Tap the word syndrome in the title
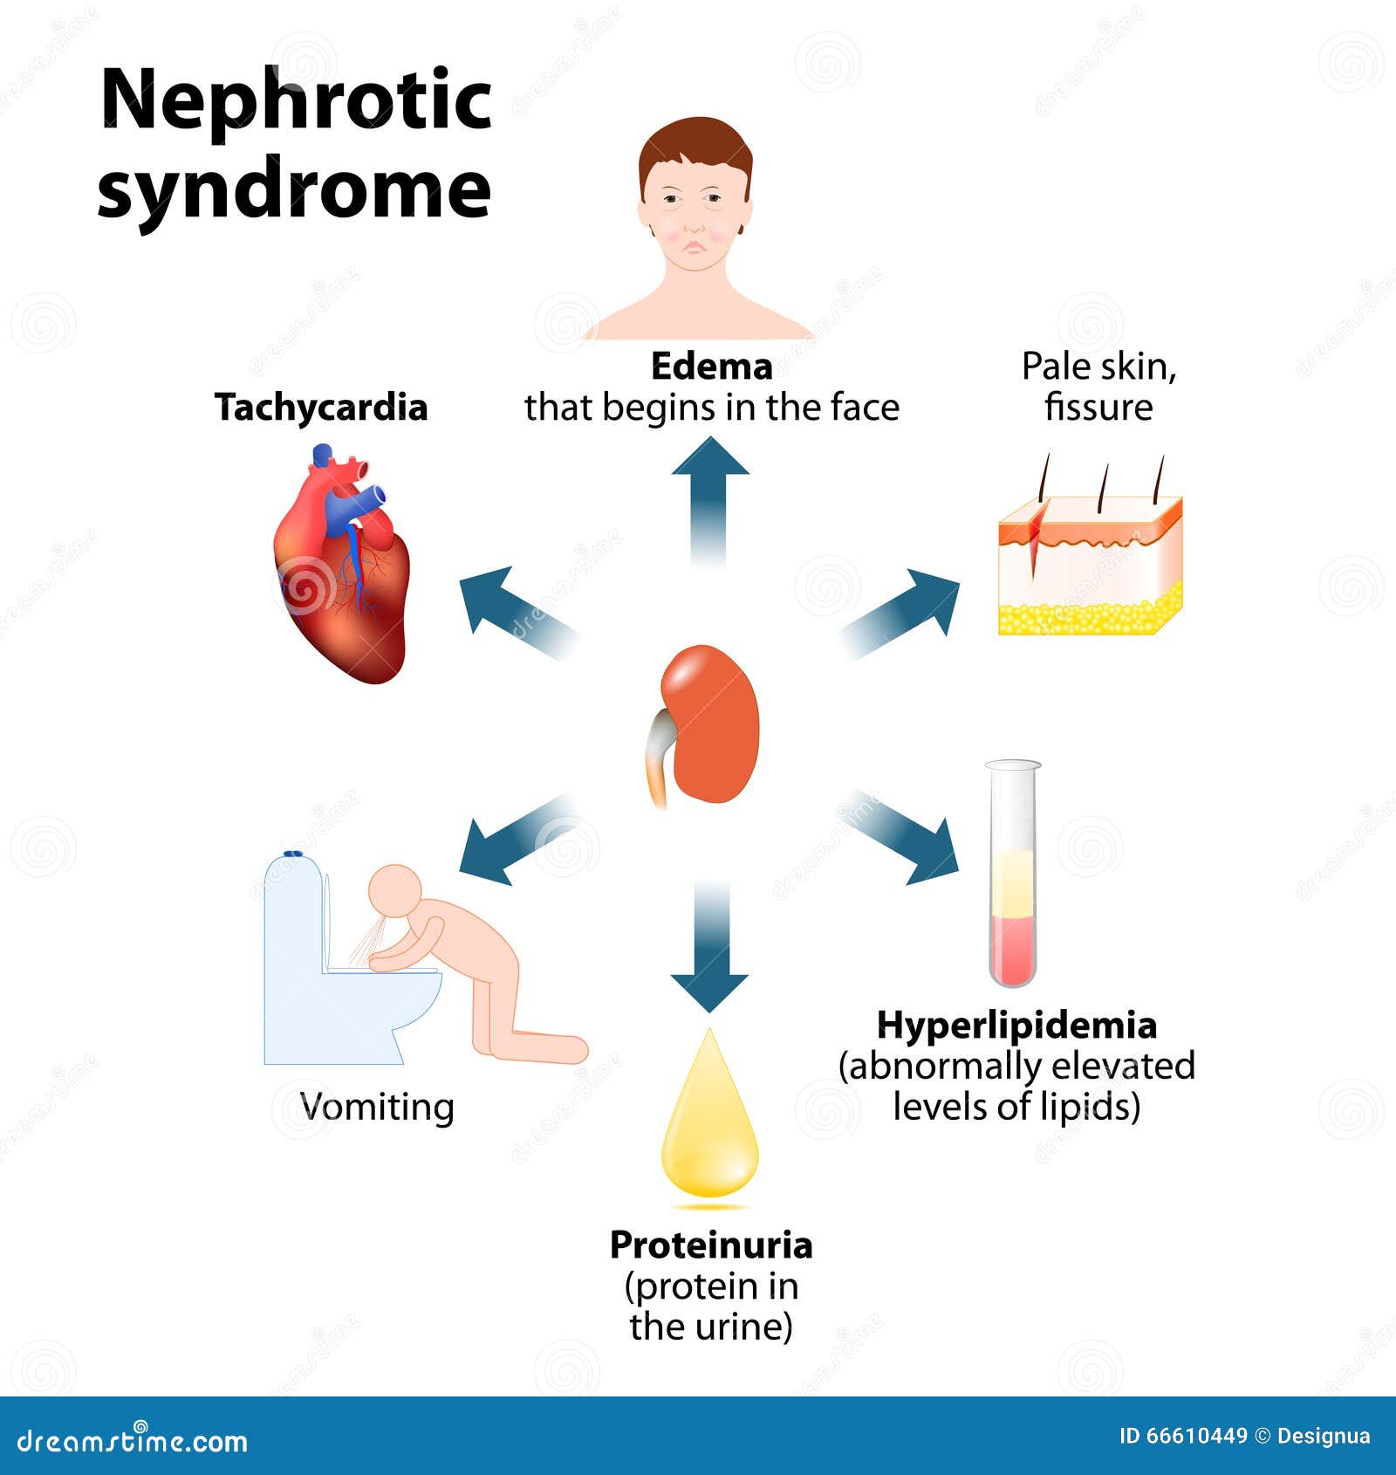pos(295,190)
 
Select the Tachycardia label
pos(321,408)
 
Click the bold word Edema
pos(712,367)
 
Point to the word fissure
pos(1098,408)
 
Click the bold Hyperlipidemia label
pos(1016,1026)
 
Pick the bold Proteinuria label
pos(711,1245)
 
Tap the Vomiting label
pos(377,1108)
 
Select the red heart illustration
pos(342,564)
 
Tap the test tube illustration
pos(1013,873)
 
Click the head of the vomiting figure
pos(394,892)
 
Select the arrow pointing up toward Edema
pos(710,501)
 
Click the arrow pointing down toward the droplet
pos(709,946)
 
